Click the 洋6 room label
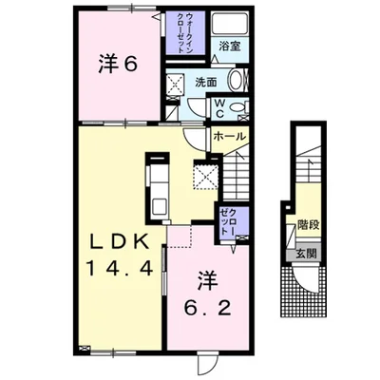tap(118, 65)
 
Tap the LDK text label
tap(120, 243)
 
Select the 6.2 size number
tap(208, 307)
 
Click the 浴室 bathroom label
tap(230, 47)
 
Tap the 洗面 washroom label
tap(206, 83)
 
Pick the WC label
tap(220, 108)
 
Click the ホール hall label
tap(229, 137)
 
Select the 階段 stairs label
tap(308, 226)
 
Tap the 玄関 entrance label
tap(307, 254)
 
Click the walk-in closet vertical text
tap(184, 33)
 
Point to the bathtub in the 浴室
tap(230, 24)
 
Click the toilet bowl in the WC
tap(237, 107)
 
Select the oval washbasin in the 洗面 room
tap(236, 80)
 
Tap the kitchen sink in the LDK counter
tap(158, 206)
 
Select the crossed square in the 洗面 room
tap(175, 84)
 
